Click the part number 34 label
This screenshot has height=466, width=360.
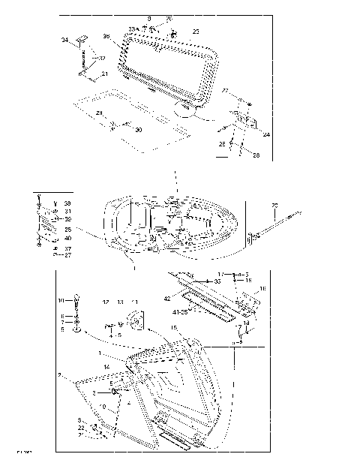coord(64,40)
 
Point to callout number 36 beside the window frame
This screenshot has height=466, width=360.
coord(106,35)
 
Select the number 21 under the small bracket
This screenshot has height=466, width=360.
coord(104,74)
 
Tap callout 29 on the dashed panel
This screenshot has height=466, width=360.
coord(99,113)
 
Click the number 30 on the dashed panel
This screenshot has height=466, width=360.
coord(137,130)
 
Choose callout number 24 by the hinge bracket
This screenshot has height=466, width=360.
coord(266,134)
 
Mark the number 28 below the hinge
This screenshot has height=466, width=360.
coord(256,155)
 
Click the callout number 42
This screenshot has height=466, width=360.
coord(168,299)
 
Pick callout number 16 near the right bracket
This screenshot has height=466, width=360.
coord(262,288)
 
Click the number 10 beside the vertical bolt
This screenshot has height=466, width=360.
coord(61,301)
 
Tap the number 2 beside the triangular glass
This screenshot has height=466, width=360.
coord(58,373)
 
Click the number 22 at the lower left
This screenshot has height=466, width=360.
coord(81,428)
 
